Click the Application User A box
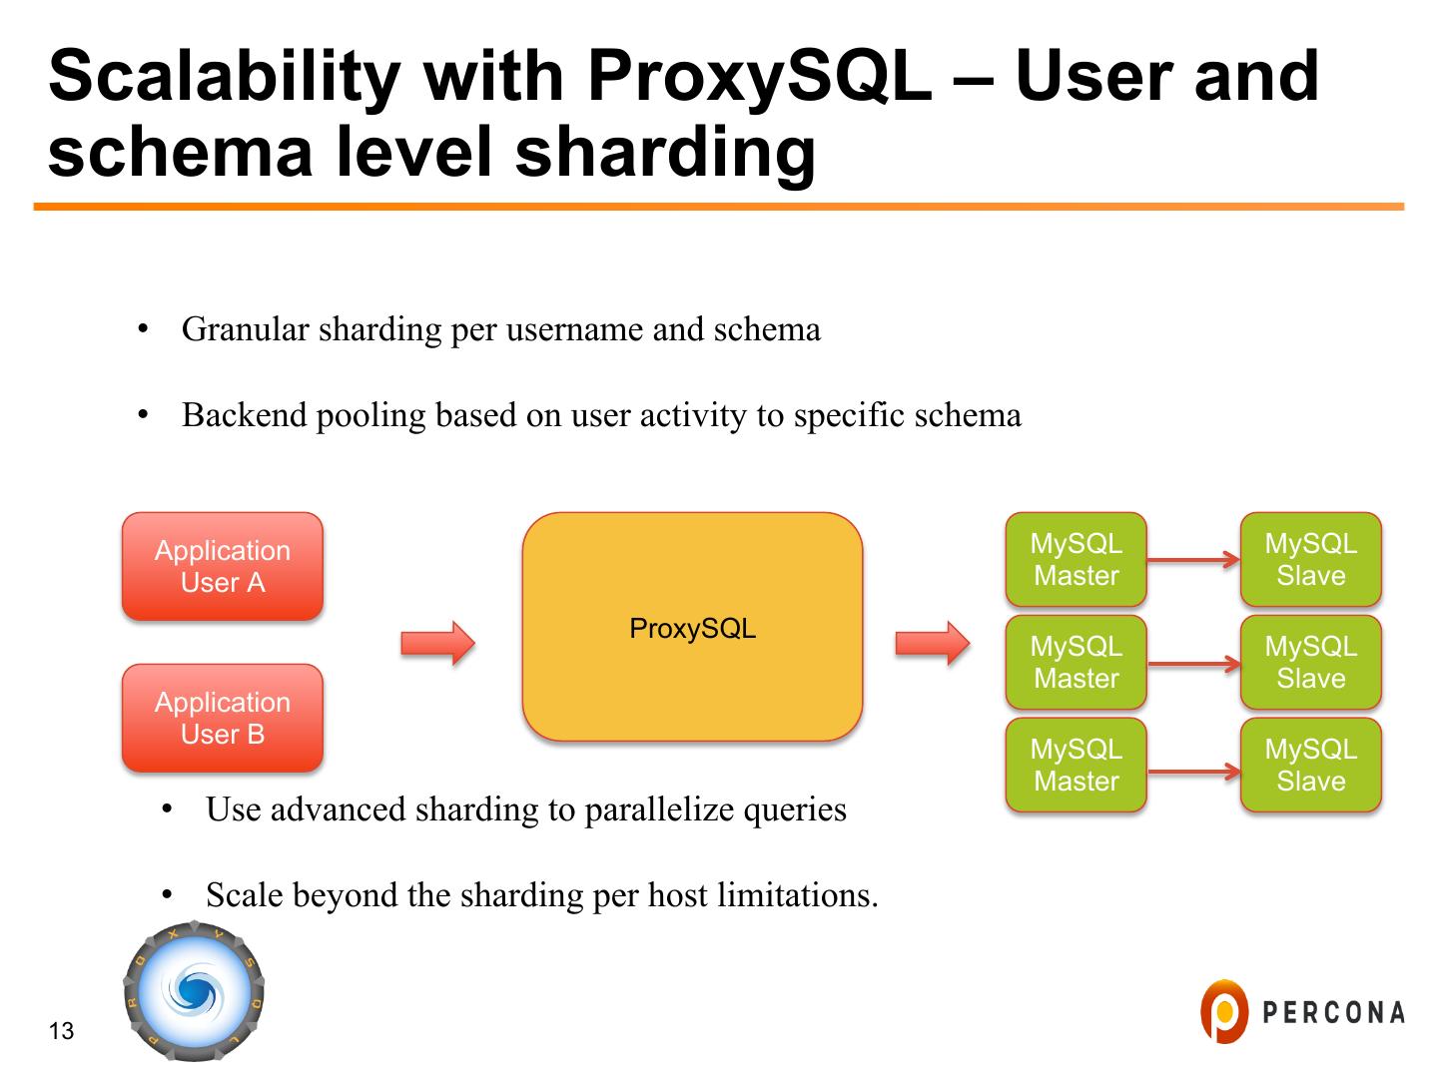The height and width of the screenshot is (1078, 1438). pyautogui.click(x=223, y=566)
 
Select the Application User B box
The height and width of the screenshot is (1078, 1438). pyautogui.click(x=223, y=718)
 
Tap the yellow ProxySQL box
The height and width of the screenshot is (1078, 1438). pyautogui.click(x=692, y=628)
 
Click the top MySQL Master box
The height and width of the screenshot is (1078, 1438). pyautogui.click(x=1076, y=560)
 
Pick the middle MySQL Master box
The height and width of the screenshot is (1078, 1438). pyautogui.click(x=1076, y=663)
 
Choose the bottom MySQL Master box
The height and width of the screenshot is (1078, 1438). pyautogui.click(x=1076, y=766)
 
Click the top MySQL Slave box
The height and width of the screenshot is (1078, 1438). pyautogui.click(x=1310, y=560)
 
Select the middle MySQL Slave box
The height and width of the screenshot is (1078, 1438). pyautogui.click(x=1310, y=663)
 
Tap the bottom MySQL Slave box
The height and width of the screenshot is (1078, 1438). pyautogui.click(x=1310, y=766)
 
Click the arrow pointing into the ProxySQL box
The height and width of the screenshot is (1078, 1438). pyautogui.click(x=437, y=643)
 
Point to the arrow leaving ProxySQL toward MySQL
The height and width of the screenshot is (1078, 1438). pyautogui.click(x=932, y=643)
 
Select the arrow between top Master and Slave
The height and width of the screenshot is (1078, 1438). pyautogui.click(x=1193, y=560)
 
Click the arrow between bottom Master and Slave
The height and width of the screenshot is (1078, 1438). pyautogui.click(x=1193, y=772)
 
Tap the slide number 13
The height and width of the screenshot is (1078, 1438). pyautogui.click(x=61, y=1031)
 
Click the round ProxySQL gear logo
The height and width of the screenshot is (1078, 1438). pyautogui.click(x=194, y=991)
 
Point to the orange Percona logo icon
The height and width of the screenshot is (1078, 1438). pyautogui.click(x=1223, y=1011)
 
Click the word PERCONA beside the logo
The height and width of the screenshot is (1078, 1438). pyautogui.click(x=1333, y=1012)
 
